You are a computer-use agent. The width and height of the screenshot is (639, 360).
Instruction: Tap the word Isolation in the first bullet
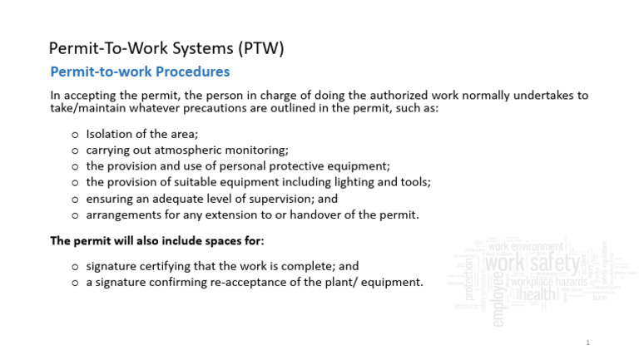tap(110, 133)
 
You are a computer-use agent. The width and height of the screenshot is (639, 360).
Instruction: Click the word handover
tap(316, 215)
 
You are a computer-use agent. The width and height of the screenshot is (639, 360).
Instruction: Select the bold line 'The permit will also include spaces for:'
tap(156, 241)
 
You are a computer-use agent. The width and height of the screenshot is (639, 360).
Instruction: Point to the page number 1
tap(587, 343)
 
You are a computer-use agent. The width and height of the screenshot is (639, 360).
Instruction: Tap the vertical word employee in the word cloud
tap(498, 298)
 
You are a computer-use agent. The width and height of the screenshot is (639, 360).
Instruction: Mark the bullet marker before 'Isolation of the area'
tap(76, 134)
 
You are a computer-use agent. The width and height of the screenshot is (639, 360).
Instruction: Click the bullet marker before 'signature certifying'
tap(76, 267)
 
